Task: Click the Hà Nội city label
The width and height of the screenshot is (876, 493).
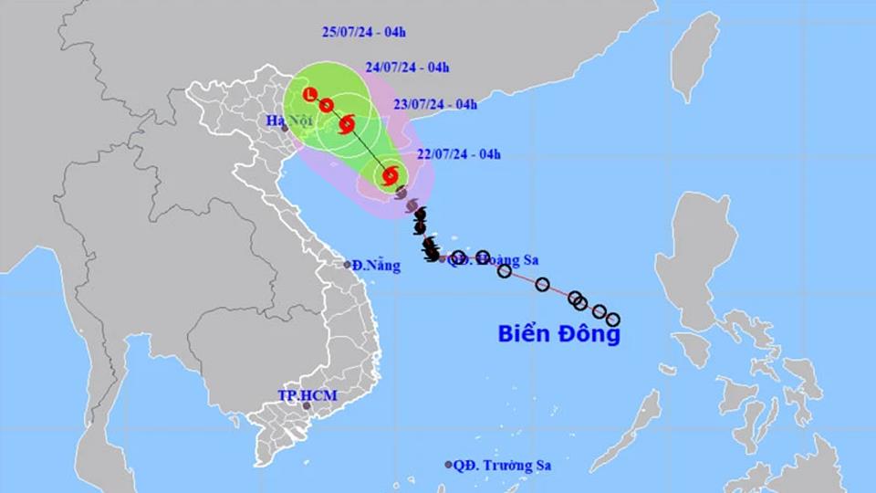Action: [x=284, y=121]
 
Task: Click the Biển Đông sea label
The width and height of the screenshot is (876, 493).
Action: [x=559, y=334]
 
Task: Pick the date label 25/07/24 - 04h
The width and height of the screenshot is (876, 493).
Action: [x=364, y=32]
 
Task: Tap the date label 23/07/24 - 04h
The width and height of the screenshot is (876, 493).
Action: [x=434, y=104]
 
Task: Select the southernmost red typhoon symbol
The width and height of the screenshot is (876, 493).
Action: [x=391, y=173]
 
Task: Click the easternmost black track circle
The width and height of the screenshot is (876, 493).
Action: [x=613, y=320]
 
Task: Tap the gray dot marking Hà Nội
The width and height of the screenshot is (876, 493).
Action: [x=285, y=129]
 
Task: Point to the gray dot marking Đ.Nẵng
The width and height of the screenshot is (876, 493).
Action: [x=348, y=265]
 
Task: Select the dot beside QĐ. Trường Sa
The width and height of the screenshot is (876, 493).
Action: [x=448, y=465]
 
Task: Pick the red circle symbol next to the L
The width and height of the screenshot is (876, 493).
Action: [x=326, y=105]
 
